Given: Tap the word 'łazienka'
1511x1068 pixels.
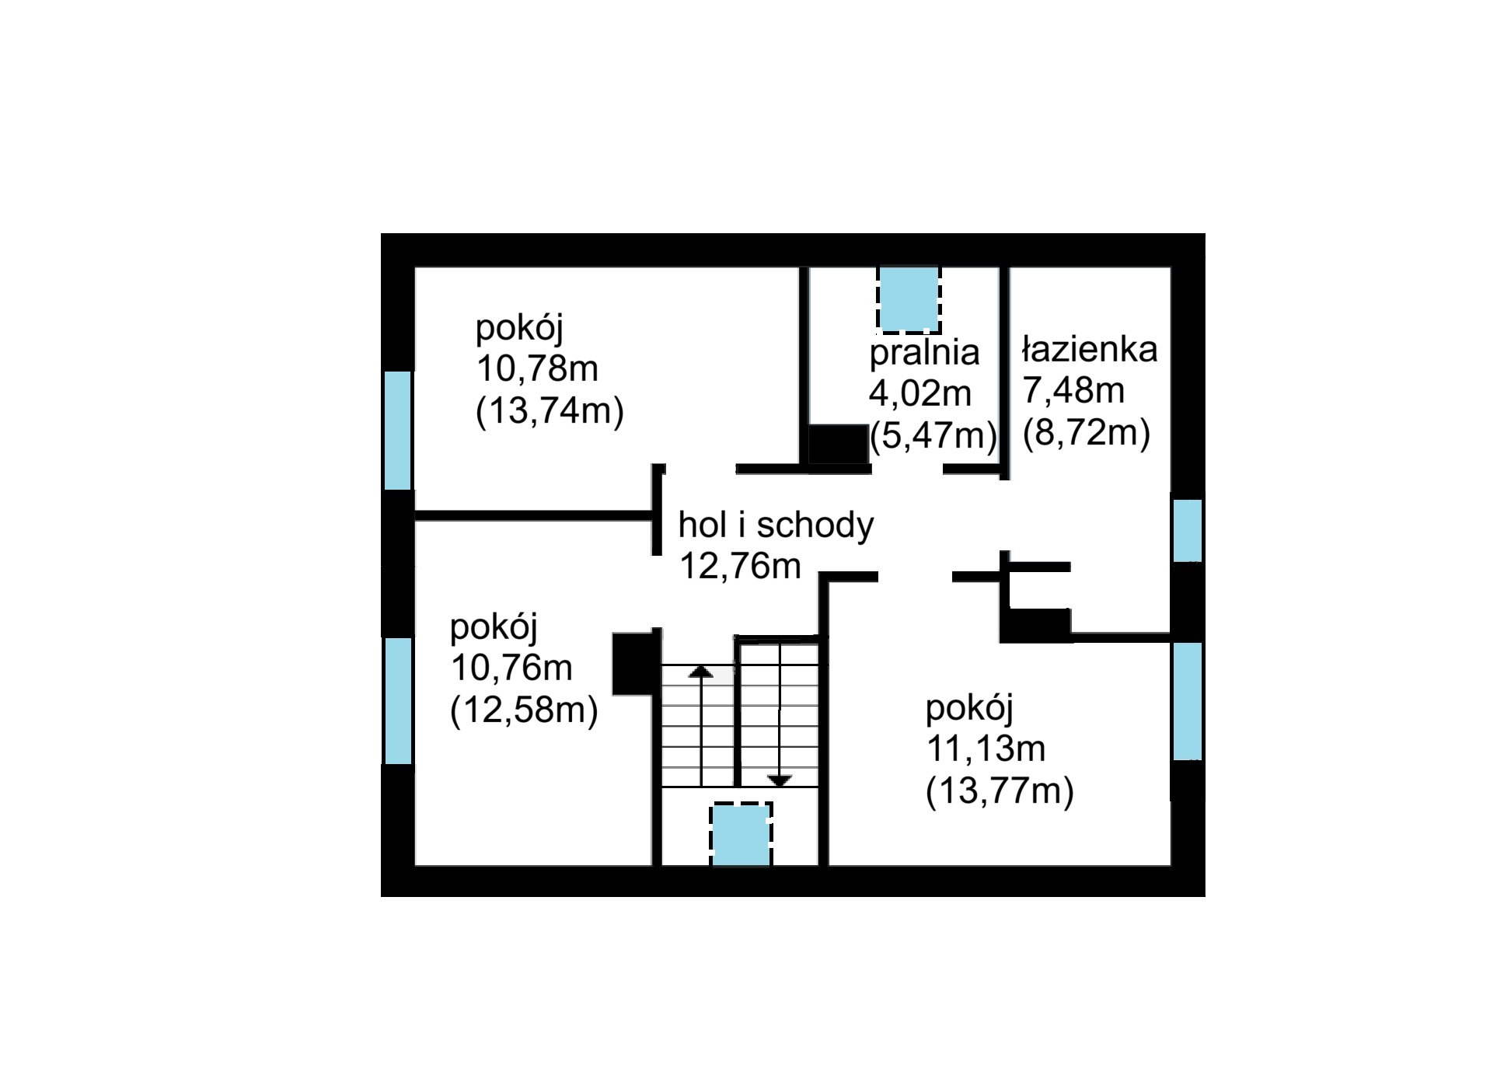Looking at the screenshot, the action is [1090, 349].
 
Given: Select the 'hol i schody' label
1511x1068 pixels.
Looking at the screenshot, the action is [776, 525].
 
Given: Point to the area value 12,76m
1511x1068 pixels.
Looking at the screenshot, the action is [740, 566].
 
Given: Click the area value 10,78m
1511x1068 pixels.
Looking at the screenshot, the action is [537, 368].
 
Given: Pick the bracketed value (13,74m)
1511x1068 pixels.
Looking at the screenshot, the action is [550, 410].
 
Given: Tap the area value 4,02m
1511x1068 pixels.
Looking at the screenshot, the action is [920, 393].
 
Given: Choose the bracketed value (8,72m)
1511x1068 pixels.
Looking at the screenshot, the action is [1086, 433].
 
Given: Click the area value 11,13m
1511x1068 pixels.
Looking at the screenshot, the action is [986, 749].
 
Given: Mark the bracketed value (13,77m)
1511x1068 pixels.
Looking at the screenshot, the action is [1000, 791].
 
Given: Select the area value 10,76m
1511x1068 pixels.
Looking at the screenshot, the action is [511, 668].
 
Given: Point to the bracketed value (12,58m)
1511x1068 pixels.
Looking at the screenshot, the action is [524, 710].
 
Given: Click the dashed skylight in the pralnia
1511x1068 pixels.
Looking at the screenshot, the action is [909, 298].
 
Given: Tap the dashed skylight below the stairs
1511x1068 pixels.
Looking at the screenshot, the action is [742, 834].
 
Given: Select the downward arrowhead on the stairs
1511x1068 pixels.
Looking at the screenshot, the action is [780, 780].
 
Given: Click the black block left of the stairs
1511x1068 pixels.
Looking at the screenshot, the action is [633, 664].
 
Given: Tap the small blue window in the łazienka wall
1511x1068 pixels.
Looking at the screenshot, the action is [1187, 530].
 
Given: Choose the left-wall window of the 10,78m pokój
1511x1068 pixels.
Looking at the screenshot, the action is [398, 430].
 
